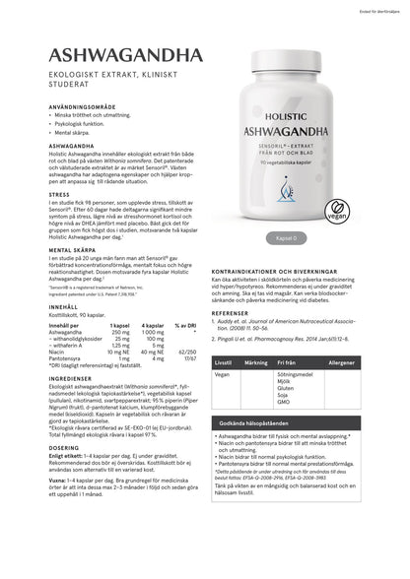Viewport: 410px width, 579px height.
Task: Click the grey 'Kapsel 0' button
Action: [285, 238]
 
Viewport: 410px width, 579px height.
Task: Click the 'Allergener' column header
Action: [369, 363]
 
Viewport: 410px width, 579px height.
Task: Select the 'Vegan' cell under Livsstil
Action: [222, 375]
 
